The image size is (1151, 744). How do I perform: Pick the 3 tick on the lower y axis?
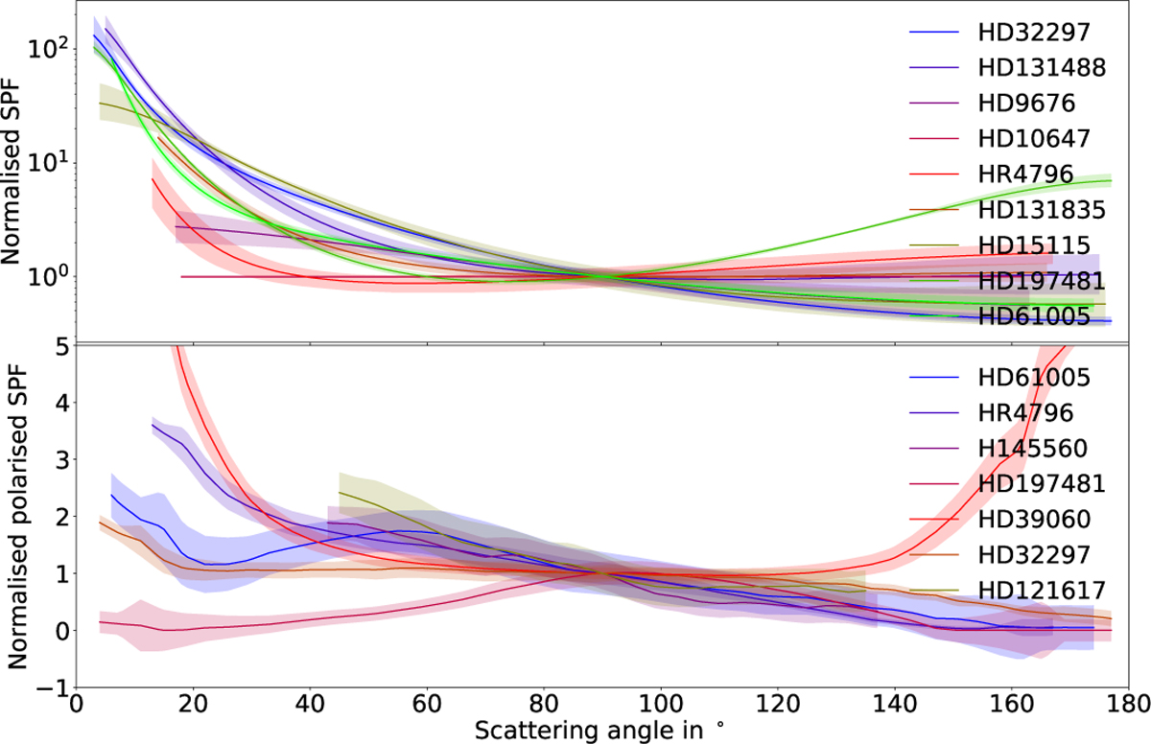tap(59, 459)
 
